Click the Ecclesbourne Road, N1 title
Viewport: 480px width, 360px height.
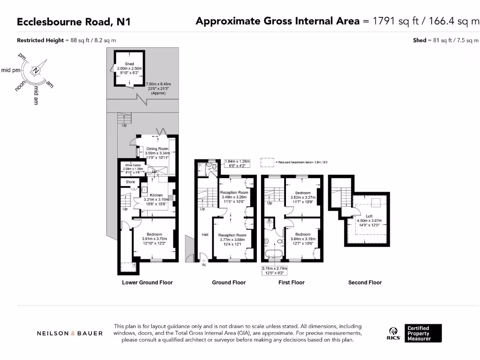coord(74,22)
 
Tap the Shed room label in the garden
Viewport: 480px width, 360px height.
coord(129,64)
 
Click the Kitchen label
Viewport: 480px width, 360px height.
coord(156,195)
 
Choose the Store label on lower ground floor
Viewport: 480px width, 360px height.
coord(130,182)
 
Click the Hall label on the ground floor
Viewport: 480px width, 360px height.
coord(205,234)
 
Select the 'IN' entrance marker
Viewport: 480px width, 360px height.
coord(203,265)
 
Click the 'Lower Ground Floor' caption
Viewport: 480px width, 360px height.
coord(147,283)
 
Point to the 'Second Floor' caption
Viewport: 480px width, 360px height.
coord(365,283)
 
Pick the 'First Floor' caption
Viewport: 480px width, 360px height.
coord(291,283)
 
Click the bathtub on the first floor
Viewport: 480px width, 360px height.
coord(272,255)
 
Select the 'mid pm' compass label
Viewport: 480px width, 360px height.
coord(11,70)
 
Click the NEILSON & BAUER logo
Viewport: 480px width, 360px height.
coord(70,333)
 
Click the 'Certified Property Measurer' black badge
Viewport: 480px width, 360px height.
coord(423,333)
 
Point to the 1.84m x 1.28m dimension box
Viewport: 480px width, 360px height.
coord(238,163)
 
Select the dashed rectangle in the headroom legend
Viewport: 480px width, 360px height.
coord(267,162)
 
